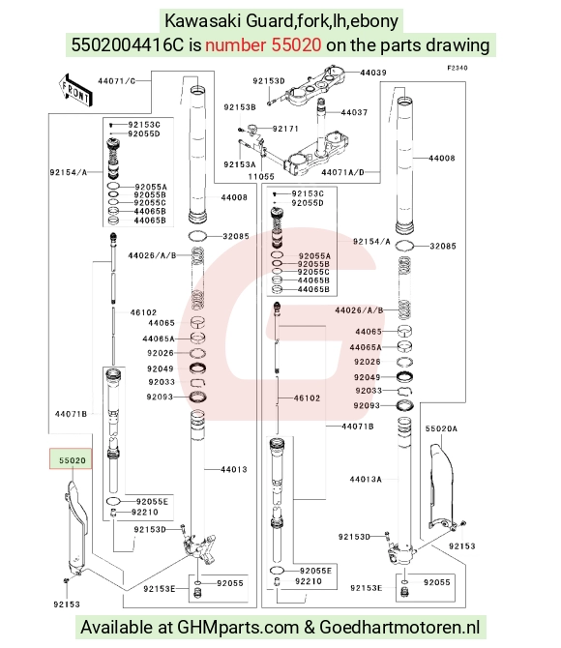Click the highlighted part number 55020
click(72, 460)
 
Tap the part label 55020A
click(441, 428)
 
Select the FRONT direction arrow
click(75, 91)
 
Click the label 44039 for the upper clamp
click(373, 73)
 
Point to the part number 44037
click(354, 112)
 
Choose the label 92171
click(285, 129)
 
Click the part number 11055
click(261, 176)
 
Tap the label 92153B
click(240, 107)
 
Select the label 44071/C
click(117, 80)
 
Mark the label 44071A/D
click(342, 172)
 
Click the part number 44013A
click(366, 479)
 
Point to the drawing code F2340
click(458, 68)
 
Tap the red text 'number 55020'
click(263, 44)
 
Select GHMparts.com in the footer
click(238, 627)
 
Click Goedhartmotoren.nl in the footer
click(399, 627)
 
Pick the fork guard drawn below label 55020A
click(441, 486)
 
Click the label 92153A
click(240, 164)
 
